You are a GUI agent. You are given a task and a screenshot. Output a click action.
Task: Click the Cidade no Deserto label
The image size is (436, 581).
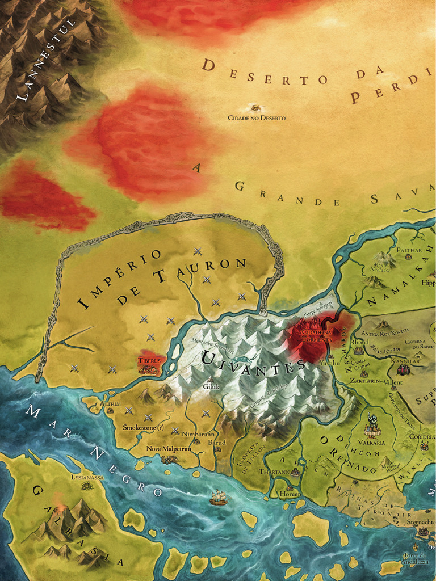pos(257,118)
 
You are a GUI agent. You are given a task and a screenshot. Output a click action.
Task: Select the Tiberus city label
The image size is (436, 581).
pos(149,360)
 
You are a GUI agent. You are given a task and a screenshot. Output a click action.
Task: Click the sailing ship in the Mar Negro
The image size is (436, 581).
pos(218,498)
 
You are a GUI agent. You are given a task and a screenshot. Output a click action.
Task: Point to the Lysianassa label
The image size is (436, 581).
pos(87,478)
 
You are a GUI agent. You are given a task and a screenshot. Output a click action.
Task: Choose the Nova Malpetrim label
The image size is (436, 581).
pos(168,448)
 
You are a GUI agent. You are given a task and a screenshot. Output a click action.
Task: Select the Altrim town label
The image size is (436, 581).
pos(110,403)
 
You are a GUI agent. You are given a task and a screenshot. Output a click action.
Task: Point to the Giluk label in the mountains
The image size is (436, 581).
pos(211,387)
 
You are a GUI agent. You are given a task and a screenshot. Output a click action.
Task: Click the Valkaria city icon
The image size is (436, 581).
pos(372,427)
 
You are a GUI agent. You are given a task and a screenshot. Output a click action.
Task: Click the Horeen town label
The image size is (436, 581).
pos(290,494)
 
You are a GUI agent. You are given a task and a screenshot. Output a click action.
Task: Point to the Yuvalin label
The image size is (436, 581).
pos(329,363)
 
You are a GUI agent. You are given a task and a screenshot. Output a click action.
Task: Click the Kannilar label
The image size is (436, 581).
pos(405,361)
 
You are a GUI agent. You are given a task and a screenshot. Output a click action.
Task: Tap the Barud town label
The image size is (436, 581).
pos(217,442)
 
